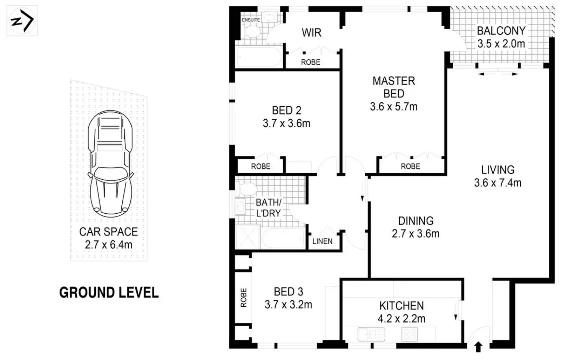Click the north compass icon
22,21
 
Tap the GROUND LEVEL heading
109,293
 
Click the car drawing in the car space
110,164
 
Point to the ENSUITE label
251,20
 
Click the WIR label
312,33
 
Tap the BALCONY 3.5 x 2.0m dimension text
501,44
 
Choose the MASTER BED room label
394,87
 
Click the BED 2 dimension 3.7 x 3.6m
286,124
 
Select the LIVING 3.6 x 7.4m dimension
498,183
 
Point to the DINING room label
416,221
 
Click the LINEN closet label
323,241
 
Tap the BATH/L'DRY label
269,208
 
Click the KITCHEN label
401,306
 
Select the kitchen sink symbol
371,334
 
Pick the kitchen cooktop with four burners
410,334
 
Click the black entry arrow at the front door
478,347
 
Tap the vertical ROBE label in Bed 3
244,298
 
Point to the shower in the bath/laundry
248,236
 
